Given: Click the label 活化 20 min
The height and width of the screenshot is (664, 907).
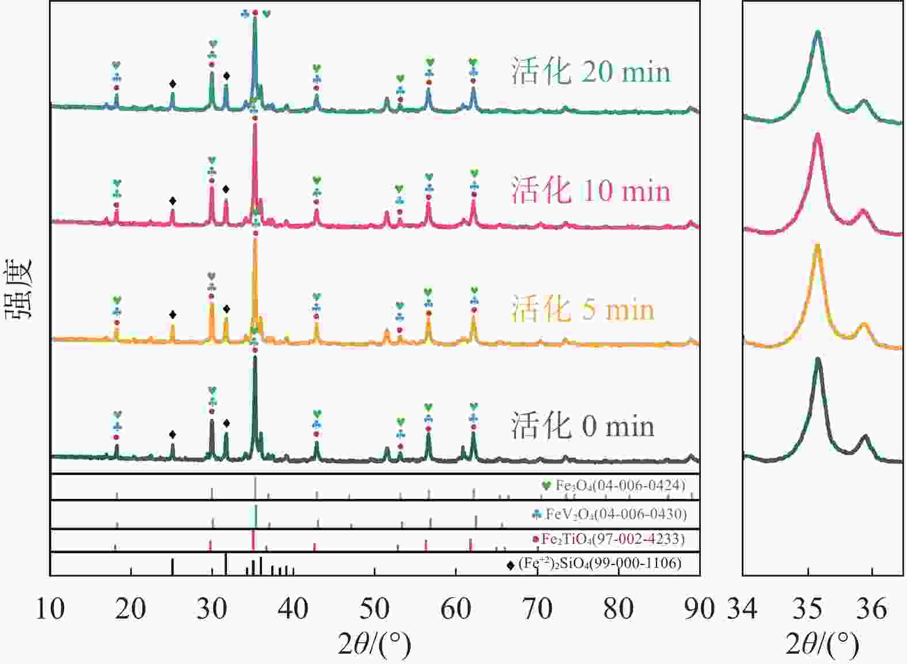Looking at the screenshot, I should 591,72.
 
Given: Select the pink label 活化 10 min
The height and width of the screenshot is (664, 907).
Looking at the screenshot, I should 591,190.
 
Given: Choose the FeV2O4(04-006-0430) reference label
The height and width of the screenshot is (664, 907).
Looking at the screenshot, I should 616,513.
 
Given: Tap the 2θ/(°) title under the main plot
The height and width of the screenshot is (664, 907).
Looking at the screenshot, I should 375,645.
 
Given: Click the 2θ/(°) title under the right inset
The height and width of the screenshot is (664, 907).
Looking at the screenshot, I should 822,645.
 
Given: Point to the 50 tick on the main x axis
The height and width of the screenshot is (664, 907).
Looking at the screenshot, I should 375,609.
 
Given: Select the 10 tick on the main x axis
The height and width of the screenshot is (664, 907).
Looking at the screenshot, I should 50,609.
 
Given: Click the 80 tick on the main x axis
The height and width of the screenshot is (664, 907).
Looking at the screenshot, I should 618,609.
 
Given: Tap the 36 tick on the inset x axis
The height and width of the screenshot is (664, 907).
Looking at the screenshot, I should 871,609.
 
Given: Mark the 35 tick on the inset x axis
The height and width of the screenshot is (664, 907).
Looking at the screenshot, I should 807,609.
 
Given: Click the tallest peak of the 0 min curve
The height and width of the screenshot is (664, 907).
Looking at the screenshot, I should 255,358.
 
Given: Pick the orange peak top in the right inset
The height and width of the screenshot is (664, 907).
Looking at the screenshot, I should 817,246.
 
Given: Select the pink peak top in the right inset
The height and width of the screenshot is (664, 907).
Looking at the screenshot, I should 817,134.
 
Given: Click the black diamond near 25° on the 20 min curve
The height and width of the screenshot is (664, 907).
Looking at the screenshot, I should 172,84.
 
